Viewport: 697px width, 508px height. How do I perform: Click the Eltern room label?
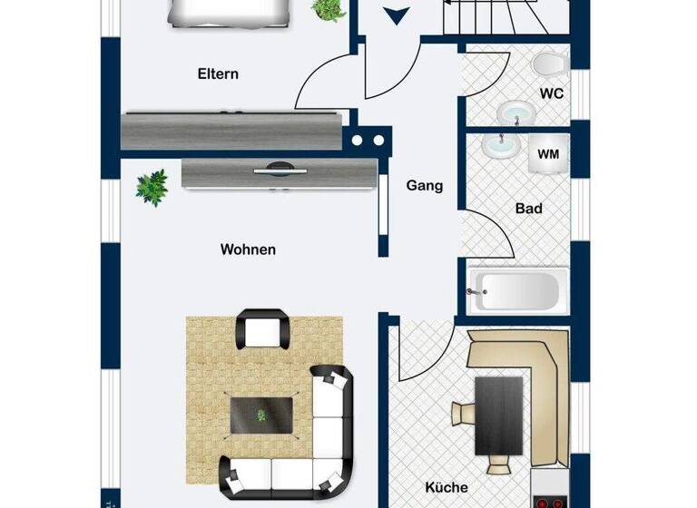(x=218, y=74)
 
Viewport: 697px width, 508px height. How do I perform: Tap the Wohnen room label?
(x=248, y=249)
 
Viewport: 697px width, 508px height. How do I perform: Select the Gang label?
(x=424, y=186)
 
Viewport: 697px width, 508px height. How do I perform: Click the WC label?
(x=552, y=93)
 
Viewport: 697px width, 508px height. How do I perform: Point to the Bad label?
(x=528, y=209)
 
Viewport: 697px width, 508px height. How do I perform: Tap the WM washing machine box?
(x=548, y=155)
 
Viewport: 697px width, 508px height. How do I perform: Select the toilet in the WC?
(x=548, y=65)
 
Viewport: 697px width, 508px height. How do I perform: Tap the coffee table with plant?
(x=262, y=415)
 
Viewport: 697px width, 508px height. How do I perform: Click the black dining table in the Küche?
(x=498, y=418)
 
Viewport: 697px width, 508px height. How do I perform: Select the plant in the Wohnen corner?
(x=152, y=187)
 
